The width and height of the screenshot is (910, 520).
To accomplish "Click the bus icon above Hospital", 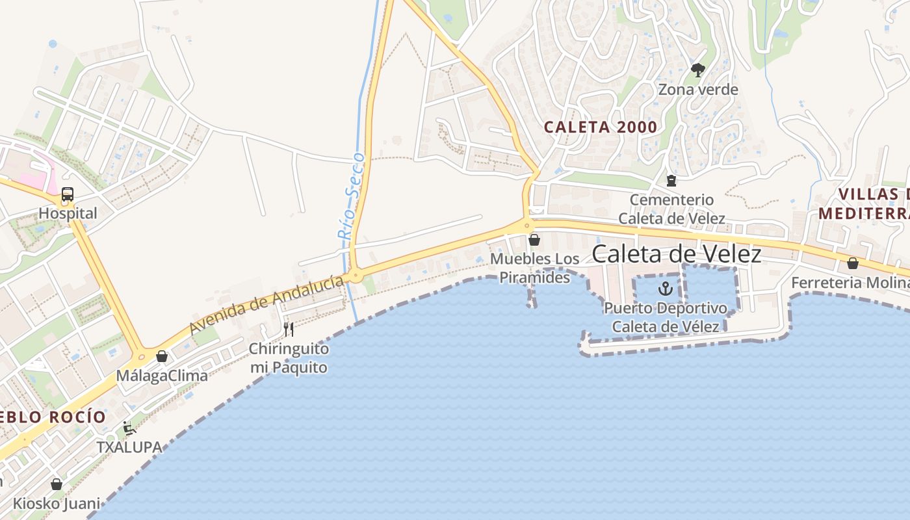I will pyautogui.click(x=68, y=194).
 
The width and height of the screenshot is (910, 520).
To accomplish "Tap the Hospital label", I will pyautogui.click(x=68, y=213).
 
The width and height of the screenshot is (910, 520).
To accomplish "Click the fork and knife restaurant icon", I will pyautogui.click(x=289, y=330).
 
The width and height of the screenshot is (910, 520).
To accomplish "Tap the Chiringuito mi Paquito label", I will pyautogui.click(x=289, y=358).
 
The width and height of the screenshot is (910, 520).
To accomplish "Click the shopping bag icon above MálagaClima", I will pyautogui.click(x=162, y=356).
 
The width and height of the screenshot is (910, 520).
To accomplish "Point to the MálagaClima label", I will pyautogui.click(x=162, y=376).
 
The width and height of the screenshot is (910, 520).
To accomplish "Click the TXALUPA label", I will pyautogui.click(x=129, y=447).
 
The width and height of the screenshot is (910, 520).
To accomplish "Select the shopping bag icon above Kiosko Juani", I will pyautogui.click(x=57, y=484).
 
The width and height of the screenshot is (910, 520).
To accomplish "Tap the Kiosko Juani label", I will pyautogui.click(x=57, y=504).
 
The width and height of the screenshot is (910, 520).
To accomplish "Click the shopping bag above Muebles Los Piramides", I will pyautogui.click(x=534, y=240).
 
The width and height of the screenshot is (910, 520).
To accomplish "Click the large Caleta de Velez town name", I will pyautogui.click(x=676, y=254).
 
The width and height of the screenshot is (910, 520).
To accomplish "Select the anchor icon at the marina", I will pyautogui.click(x=665, y=288).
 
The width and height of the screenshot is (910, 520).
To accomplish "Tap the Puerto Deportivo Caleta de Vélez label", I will pyautogui.click(x=665, y=317).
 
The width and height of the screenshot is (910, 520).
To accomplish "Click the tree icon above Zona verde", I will pyautogui.click(x=698, y=70).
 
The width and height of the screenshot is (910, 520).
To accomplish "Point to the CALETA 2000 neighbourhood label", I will pyautogui.click(x=601, y=127).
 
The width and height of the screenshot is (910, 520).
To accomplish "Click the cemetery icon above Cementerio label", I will pyautogui.click(x=671, y=180).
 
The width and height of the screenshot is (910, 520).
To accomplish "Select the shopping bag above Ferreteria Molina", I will pyautogui.click(x=852, y=263).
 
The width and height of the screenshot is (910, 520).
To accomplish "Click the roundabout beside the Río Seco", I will pyautogui.click(x=355, y=276).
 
